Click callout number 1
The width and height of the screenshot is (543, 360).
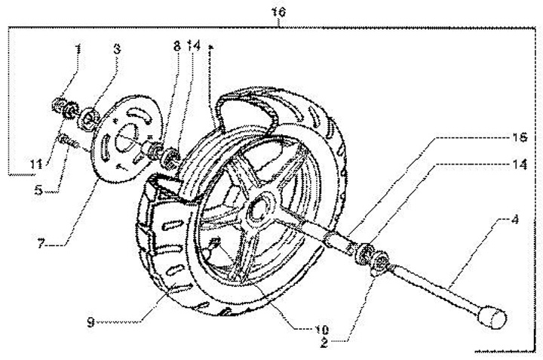pyautogui.click(x=78, y=49)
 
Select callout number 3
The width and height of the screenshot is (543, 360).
pyautogui.click(x=117, y=49)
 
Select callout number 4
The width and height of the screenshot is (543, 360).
pyautogui.click(x=514, y=221)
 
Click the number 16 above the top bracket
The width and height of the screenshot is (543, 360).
pyautogui.click(x=279, y=12)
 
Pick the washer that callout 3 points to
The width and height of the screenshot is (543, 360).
pyautogui.click(x=90, y=117)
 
